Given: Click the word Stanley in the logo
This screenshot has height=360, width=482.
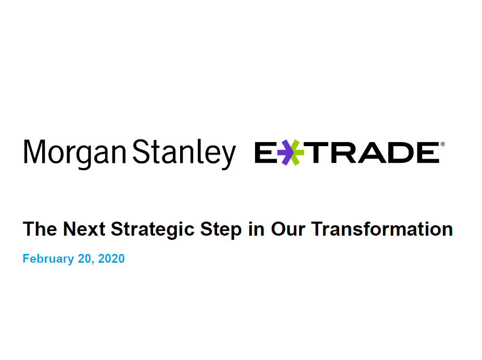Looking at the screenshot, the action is (x=184, y=153).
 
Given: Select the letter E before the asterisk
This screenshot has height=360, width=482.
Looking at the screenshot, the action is (x=265, y=152).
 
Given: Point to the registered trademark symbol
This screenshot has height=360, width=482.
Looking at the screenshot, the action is (x=442, y=144).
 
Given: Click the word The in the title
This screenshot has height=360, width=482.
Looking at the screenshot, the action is (x=40, y=229).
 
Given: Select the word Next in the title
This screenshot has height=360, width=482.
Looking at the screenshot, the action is (x=84, y=229).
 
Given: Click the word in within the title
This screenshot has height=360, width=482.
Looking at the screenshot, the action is (x=256, y=229).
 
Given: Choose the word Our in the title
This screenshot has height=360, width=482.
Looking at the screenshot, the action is (x=288, y=229).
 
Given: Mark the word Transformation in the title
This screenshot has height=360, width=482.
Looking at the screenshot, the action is (x=382, y=229).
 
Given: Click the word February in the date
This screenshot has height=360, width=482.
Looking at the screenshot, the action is (x=48, y=259).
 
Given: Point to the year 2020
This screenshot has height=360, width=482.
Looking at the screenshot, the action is (x=111, y=259).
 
